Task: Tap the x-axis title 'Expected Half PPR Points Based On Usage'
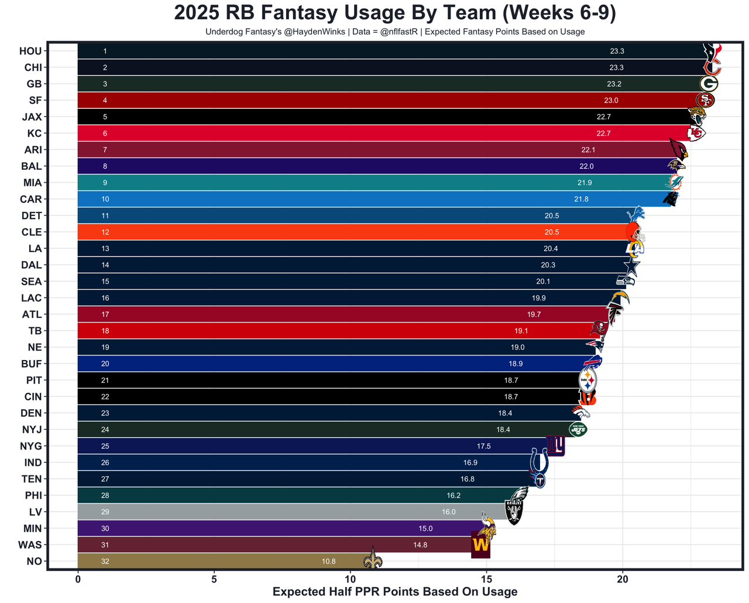click(x=395, y=592)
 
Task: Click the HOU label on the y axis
click(x=30, y=51)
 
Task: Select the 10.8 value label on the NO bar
click(x=329, y=561)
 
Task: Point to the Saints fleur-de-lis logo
click(x=373, y=558)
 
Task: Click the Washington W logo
click(x=480, y=544)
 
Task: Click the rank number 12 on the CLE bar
click(x=105, y=232)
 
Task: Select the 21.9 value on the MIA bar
click(x=585, y=183)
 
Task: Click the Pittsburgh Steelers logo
click(x=587, y=381)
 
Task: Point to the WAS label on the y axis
click(x=30, y=545)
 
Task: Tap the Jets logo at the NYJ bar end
click(x=578, y=430)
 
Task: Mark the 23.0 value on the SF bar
click(x=611, y=101)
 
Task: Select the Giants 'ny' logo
click(x=555, y=446)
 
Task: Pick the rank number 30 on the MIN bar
click(x=105, y=529)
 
